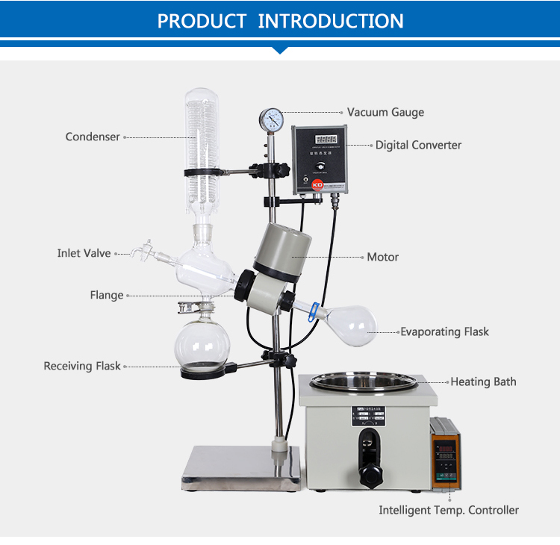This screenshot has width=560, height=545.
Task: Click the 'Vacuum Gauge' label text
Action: [385, 112]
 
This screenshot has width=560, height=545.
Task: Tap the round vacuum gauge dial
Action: [270, 119]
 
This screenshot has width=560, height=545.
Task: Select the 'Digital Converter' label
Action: [418, 145]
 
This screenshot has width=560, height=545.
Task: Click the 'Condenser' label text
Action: [93, 137]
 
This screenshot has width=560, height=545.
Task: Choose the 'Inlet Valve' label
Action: [84, 253]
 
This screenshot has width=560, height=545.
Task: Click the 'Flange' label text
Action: [107, 295]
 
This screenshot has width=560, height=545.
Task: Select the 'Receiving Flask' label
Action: [82, 366]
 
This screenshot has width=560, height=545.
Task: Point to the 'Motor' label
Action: [382, 257]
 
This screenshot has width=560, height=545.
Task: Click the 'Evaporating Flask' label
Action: [444, 331]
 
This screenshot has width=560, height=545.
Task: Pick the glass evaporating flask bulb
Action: [351, 325]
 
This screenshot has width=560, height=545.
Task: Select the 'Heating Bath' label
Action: [483, 381]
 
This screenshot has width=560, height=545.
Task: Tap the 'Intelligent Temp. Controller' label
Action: [449, 510]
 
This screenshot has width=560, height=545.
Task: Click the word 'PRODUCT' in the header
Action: [202, 20]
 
